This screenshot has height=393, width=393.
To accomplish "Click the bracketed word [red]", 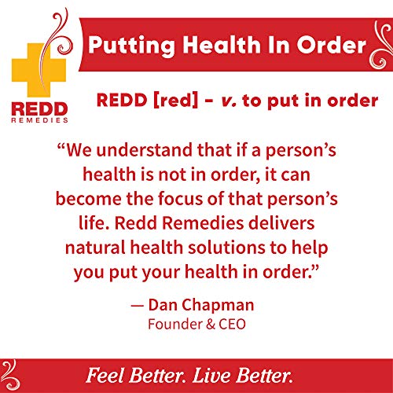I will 167,102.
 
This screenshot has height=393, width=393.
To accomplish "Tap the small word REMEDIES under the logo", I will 39,120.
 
